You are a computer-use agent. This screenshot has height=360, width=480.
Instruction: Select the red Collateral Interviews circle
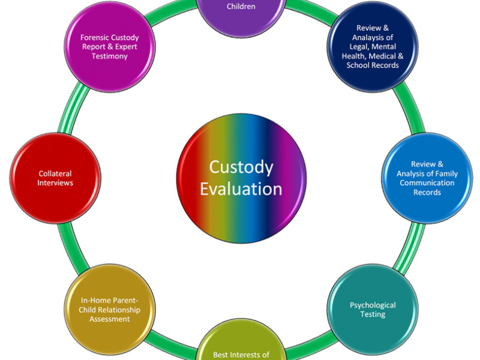click(55, 178)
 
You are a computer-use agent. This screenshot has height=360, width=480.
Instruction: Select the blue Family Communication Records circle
click(427, 178)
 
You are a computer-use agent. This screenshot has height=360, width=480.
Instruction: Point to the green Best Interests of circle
click(242, 348)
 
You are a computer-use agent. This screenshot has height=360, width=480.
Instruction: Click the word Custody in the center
click(241, 167)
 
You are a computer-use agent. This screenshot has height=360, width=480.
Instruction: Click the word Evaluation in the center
click(241, 189)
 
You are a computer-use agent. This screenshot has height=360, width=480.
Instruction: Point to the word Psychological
click(373, 305)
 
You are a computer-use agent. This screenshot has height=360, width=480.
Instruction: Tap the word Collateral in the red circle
click(55, 174)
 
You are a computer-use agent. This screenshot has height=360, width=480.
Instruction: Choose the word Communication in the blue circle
click(427, 183)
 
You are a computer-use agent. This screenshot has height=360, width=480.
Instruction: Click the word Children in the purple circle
click(242, 7)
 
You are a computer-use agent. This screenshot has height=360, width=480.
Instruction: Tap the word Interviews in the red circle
click(55, 182)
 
